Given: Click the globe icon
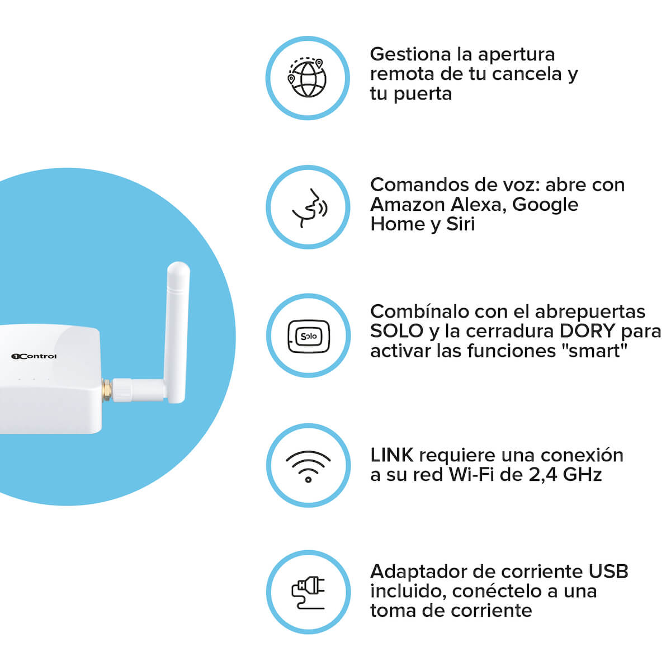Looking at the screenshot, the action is click(x=307, y=78).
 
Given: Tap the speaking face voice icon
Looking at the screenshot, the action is click(x=310, y=208).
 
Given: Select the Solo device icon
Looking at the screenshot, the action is click(x=309, y=336).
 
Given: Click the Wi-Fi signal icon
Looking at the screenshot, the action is click(x=308, y=466).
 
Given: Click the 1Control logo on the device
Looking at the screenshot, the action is click(x=34, y=356).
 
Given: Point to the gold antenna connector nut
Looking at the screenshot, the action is click(x=107, y=390).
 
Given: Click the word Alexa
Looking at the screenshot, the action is click(x=479, y=205).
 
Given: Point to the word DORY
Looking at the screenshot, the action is click(x=588, y=331).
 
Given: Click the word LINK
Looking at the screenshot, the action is click(x=392, y=455).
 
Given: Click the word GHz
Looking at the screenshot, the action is click(x=582, y=475).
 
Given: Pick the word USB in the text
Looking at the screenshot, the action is click(x=608, y=571).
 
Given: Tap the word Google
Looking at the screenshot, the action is click(x=545, y=205).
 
